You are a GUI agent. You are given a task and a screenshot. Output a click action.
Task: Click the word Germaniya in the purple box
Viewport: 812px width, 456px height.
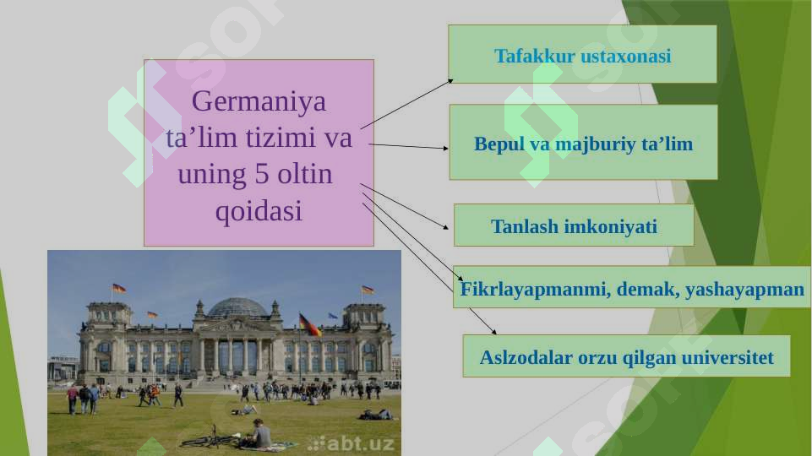(259, 101)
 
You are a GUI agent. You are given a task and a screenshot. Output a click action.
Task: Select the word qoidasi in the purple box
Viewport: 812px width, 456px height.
(259, 211)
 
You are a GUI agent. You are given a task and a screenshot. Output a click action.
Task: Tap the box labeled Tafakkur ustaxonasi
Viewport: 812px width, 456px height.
(582, 56)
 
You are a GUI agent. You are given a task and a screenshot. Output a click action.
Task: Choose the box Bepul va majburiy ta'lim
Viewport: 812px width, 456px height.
(583, 144)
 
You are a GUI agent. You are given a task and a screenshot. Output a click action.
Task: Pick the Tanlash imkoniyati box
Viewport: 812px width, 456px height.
(574, 226)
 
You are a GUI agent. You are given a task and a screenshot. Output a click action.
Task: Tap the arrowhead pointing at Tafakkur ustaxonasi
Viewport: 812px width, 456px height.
(450, 81)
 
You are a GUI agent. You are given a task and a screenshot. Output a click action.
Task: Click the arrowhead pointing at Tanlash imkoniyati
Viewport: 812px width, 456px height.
(445, 227)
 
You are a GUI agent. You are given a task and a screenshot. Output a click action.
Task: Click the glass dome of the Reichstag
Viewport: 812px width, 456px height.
(237, 307)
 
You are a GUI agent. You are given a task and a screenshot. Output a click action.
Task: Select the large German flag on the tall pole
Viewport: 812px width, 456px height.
(309, 324)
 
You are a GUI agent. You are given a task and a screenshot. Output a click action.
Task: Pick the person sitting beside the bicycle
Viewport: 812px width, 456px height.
(259, 434)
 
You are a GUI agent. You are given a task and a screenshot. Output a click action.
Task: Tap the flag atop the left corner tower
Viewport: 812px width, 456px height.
(118, 288)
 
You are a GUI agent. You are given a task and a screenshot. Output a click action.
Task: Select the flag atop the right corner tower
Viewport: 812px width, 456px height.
(368, 290)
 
